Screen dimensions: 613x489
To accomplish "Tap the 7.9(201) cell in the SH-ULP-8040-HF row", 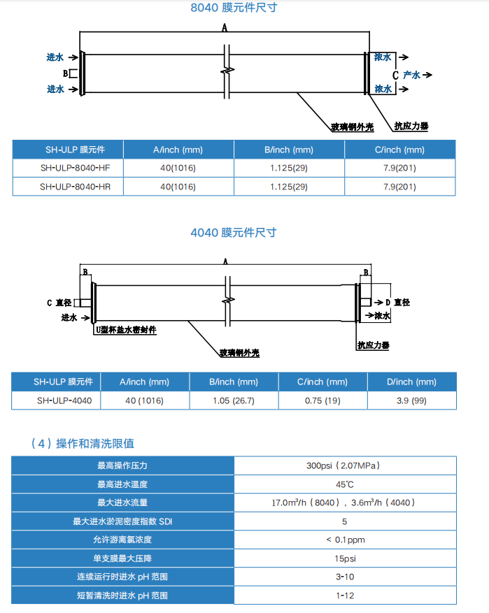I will click(x=399, y=168).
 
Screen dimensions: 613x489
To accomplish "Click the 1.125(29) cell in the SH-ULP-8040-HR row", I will click(x=288, y=187).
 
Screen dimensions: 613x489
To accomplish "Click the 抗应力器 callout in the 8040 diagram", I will click(x=411, y=127).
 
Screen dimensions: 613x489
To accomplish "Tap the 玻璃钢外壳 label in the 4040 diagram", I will click(x=239, y=353).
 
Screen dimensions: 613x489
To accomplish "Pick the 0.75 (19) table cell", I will click(x=322, y=401).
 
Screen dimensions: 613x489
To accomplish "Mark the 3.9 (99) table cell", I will click(x=411, y=401).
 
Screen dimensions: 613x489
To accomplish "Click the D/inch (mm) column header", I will click(x=411, y=382).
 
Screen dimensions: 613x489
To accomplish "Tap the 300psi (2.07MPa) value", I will click(x=345, y=466).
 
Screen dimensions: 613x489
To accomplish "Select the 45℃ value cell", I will click(x=345, y=484).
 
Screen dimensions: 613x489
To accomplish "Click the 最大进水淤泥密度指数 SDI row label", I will click(x=122, y=521).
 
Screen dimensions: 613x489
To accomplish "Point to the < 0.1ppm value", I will click(x=345, y=540).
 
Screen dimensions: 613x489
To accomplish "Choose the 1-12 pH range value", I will click(x=345, y=596).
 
